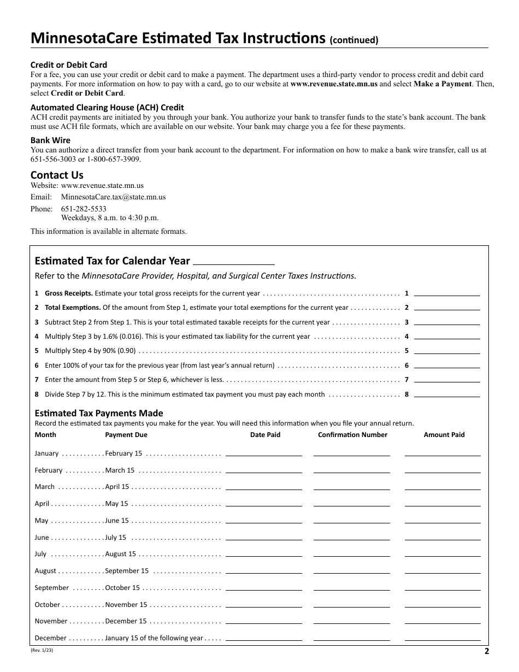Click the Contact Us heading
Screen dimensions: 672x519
click(57, 175)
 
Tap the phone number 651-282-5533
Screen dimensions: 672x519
click(84, 209)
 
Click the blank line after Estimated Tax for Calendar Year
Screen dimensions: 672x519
click(234, 261)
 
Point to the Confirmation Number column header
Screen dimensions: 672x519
click(352, 435)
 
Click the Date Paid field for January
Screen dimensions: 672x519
click(263, 453)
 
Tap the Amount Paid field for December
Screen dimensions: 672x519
click(443, 638)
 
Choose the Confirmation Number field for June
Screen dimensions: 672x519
click(352, 537)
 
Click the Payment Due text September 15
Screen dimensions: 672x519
click(127, 571)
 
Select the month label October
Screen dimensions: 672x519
click(47, 604)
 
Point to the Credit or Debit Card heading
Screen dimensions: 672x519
click(69, 64)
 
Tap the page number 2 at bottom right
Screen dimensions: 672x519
click(486, 651)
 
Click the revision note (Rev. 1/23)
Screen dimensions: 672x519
click(42, 650)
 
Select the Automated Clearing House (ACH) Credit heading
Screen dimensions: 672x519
click(107, 108)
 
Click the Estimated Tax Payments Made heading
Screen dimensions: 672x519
click(99, 413)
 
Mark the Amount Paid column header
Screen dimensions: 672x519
click(444, 435)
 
